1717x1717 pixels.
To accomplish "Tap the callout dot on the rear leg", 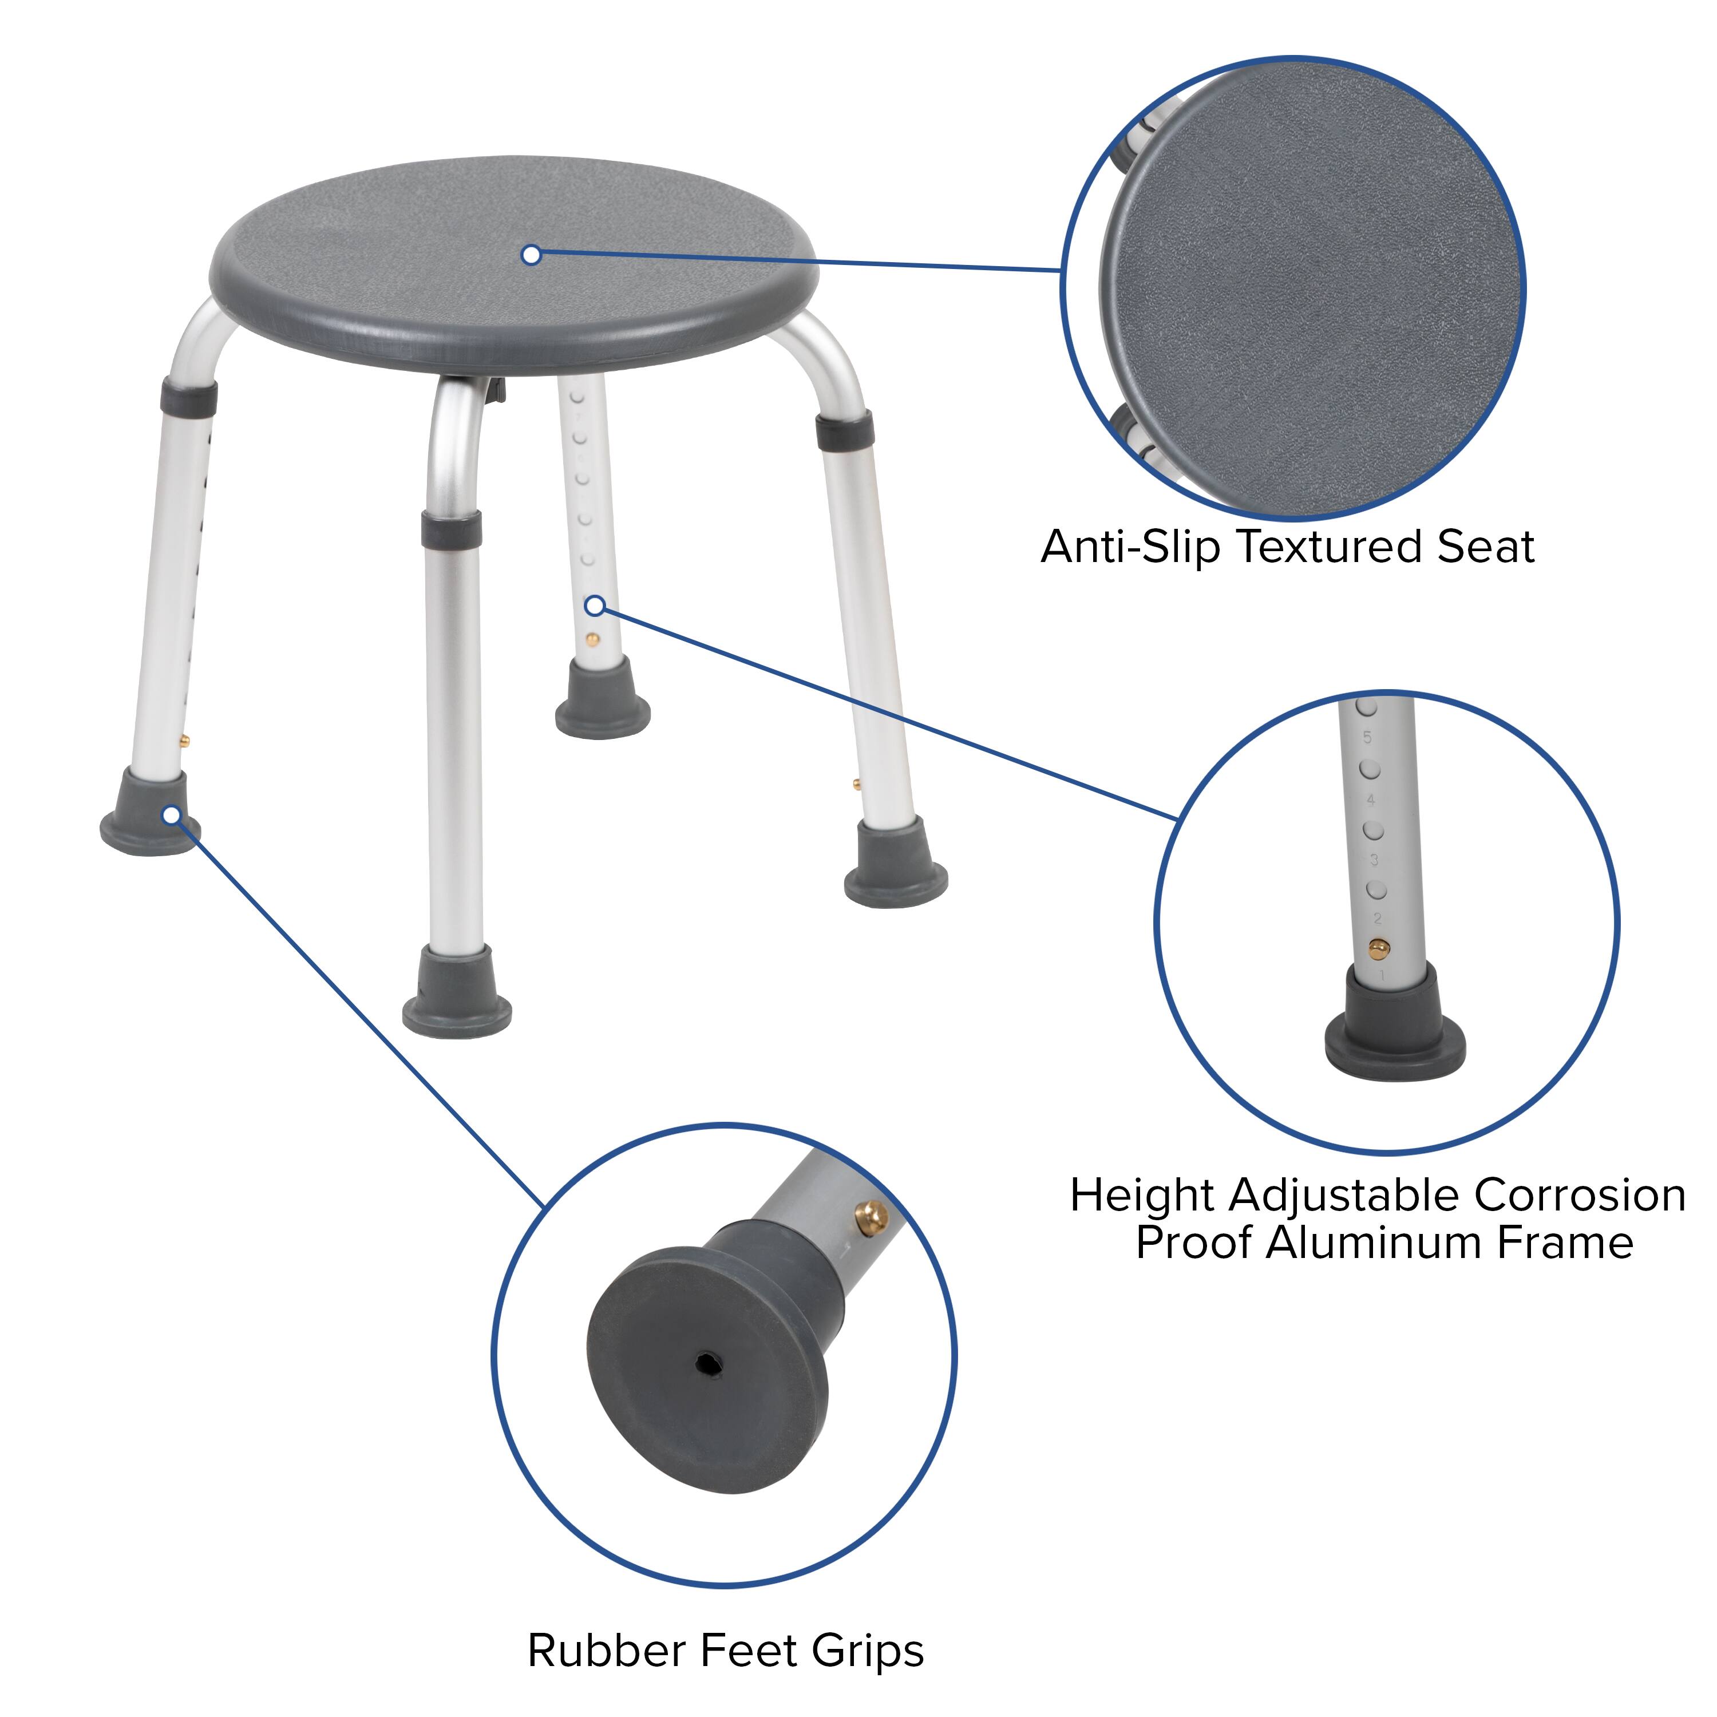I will (x=595, y=606).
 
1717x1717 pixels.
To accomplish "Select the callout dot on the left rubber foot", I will (x=172, y=815).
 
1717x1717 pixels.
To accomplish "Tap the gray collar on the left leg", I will (x=188, y=397).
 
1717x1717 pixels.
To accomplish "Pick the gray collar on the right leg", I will (x=844, y=430).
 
